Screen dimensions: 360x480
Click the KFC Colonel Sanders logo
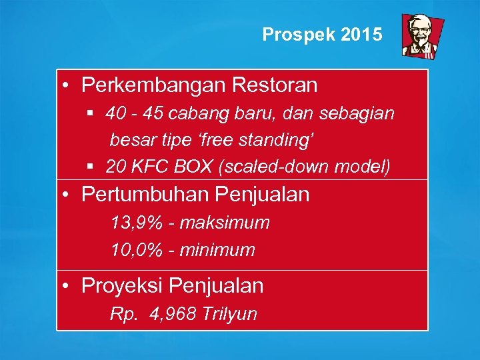[x=418, y=36]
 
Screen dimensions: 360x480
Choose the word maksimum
[x=225, y=223]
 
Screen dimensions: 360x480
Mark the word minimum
[x=217, y=250]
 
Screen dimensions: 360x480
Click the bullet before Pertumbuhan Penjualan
[x=68, y=195]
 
